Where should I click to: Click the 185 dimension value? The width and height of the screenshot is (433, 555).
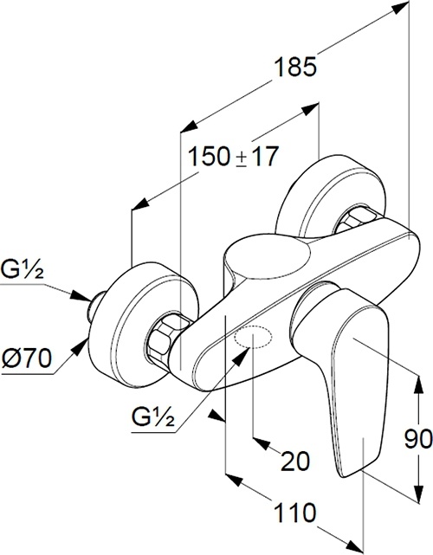(295, 67)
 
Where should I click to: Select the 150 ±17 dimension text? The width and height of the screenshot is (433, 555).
(233, 156)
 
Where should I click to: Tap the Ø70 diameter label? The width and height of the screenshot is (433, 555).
(27, 358)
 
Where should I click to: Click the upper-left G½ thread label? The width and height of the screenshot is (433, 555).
(23, 268)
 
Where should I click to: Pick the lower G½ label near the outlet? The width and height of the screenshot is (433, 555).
(153, 417)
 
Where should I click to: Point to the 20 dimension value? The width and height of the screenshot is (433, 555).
(295, 461)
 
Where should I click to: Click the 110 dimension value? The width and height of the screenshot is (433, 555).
(295, 513)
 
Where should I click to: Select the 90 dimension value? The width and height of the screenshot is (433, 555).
(418, 440)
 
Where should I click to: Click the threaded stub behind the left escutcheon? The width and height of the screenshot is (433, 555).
(95, 303)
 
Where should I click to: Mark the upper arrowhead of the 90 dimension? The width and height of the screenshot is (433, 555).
(419, 384)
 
